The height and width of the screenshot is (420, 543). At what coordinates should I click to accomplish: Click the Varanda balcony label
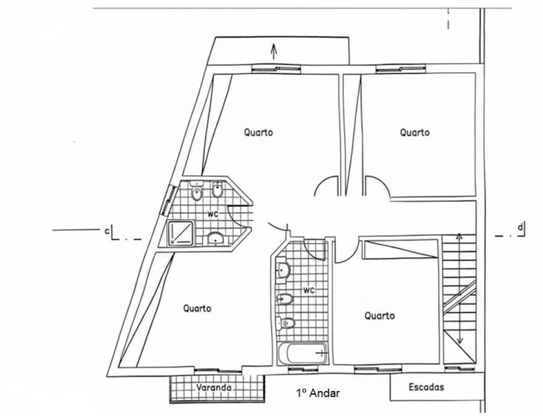(x=214, y=388)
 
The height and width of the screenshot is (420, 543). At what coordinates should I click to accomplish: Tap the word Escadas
(x=427, y=387)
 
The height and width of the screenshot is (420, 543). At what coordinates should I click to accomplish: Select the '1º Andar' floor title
(x=318, y=393)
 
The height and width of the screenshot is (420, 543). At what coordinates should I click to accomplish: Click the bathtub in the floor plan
(x=303, y=354)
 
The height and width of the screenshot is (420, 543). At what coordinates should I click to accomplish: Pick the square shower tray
(x=180, y=233)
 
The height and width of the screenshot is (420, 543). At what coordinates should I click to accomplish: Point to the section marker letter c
(x=107, y=231)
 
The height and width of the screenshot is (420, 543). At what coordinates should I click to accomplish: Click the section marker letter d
(x=521, y=227)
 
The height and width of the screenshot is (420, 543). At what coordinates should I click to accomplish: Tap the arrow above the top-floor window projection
(x=274, y=51)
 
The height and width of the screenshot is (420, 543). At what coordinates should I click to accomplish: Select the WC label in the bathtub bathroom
(x=309, y=291)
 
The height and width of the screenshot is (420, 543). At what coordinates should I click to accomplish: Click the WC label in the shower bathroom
(x=213, y=214)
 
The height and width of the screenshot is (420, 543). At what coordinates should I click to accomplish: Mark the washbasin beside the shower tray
(x=215, y=238)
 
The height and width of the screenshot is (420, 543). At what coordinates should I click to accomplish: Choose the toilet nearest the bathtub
(x=285, y=323)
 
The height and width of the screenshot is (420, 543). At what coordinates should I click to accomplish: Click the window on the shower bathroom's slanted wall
(x=169, y=201)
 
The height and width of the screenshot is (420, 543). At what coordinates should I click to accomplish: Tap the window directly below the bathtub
(x=303, y=370)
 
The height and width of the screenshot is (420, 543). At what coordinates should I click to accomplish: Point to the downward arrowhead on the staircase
(x=460, y=340)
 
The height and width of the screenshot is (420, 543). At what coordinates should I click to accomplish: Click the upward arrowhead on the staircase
(x=459, y=237)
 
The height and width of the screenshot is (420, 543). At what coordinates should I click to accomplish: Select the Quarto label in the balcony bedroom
(x=197, y=308)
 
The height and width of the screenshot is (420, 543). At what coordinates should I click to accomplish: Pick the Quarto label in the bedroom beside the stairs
(x=379, y=315)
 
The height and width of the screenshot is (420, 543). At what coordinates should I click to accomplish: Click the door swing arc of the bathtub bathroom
(x=314, y=250)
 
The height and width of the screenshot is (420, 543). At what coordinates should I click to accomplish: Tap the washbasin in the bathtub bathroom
(x=283, y=269)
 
